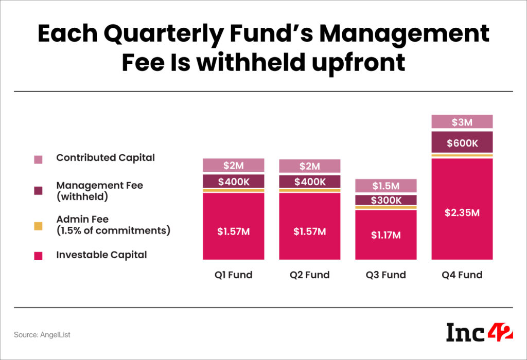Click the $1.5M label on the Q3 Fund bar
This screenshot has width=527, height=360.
(x=386, y=185)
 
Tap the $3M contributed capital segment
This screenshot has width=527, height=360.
(x=462, y=122)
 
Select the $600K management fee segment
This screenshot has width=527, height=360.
(x=462, y=142)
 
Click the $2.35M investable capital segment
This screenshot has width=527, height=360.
(x=462, y=212)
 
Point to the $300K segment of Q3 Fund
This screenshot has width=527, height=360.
(x=386, y=200)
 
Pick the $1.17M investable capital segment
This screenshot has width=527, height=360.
(x=386, y=235)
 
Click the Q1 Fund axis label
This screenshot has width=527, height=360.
(x=234, y=275)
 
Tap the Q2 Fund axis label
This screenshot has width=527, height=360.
(x=310, y=275)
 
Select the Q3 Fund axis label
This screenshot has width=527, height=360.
(x=386, y=275)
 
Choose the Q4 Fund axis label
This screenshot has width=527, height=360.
(x=462, y=275)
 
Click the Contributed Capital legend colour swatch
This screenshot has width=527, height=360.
(x=38, y=159)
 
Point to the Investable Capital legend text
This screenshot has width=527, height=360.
(x=101, y=255)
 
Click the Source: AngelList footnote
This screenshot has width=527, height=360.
(x=42, y=335)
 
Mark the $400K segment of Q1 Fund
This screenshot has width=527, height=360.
(x=234, y=181)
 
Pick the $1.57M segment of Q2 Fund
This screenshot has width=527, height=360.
(x=310, y=231)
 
